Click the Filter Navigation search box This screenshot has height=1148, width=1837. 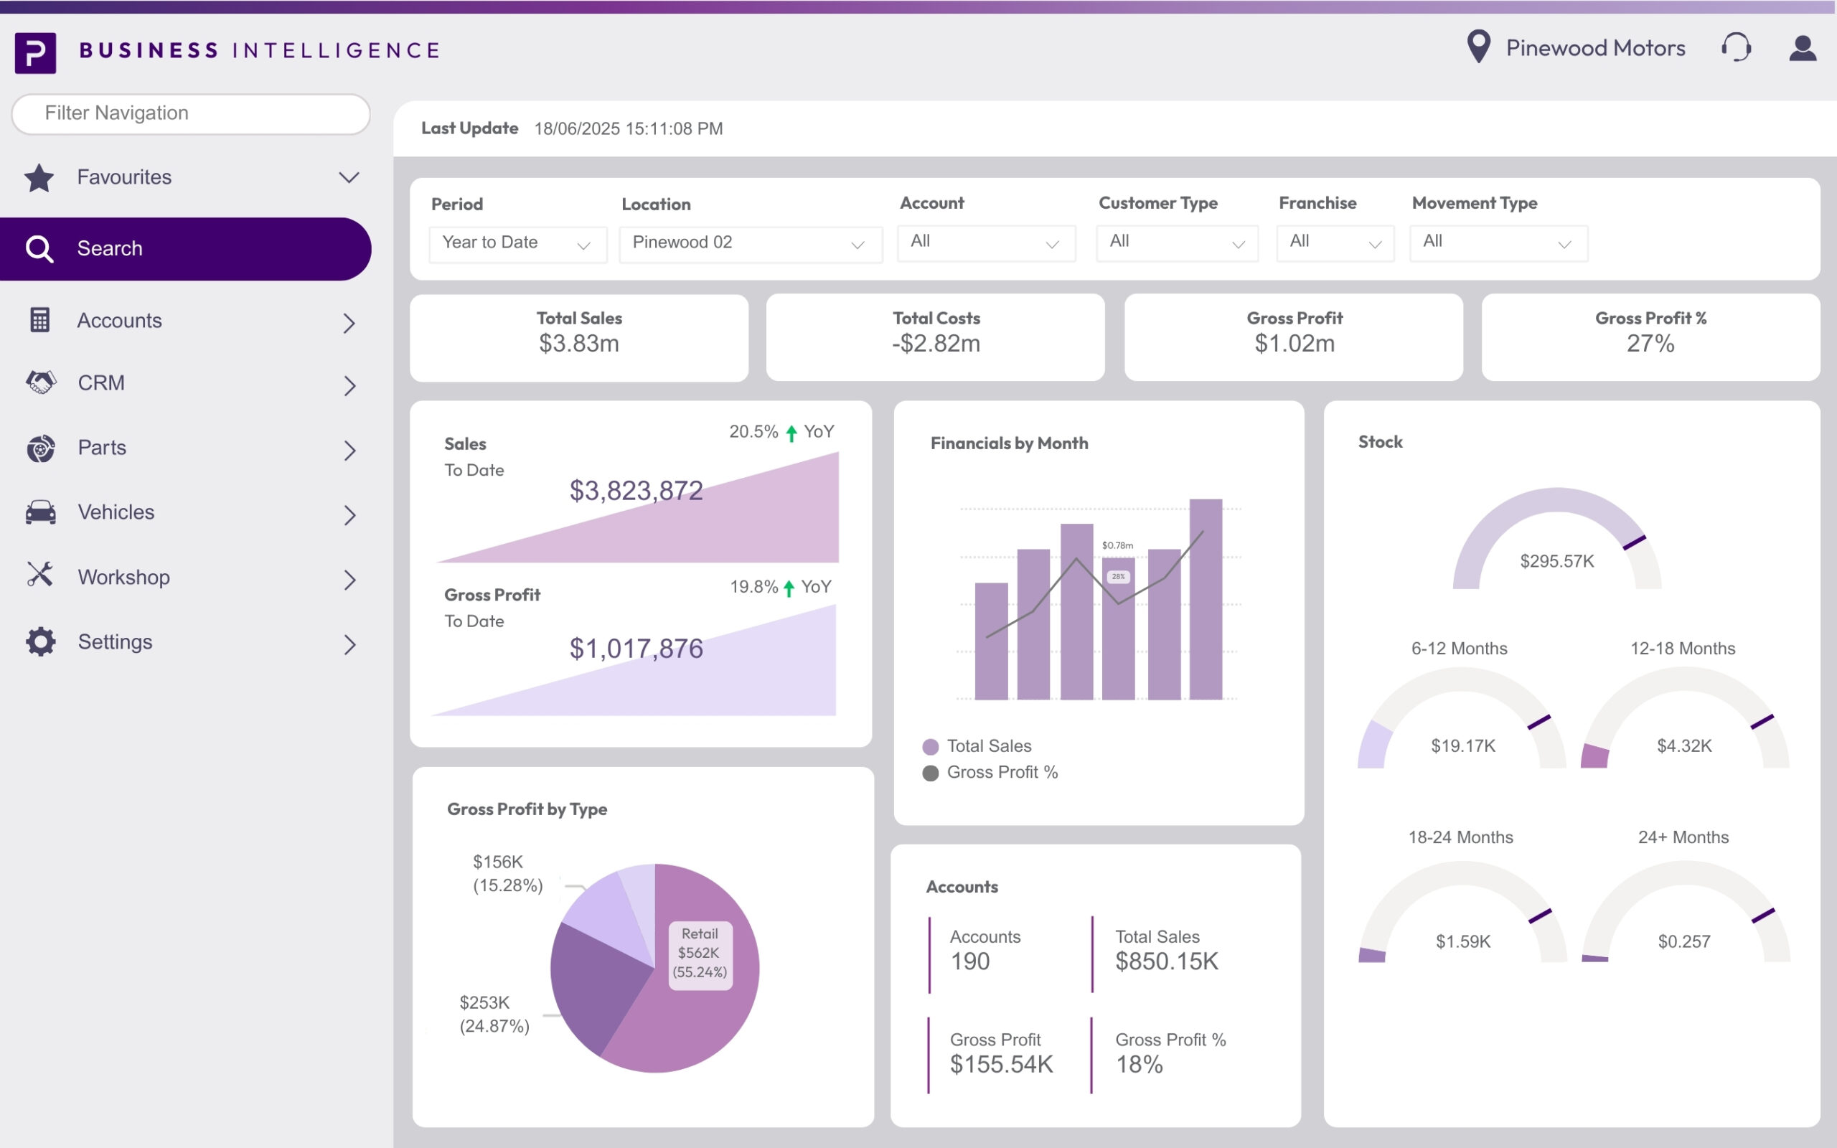pyautogui.click(x=191, y=114)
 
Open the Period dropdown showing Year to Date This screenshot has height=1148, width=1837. pyautogui.click(x=517, y=244)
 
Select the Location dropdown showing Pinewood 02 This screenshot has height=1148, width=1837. pyautogui.click(x=750, y=244)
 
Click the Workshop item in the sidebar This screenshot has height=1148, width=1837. pyautogui.click(x=123, y=577)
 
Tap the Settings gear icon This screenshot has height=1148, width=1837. pyautogui.click(x=40, y=641)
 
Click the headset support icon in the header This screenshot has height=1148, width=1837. pyautogui.click(x=1736, y=48)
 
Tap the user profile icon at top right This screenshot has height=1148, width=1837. pyautogui.click(x=1803, y=48)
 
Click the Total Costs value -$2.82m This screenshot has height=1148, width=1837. pyautogui.click(x=936, y=344)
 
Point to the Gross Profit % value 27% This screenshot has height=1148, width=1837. pyautogui.click(x=1650, y=344)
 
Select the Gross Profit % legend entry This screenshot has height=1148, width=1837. pyautogui.click(x=1002, y=772)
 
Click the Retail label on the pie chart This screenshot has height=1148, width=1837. pyautogui.click(x=699, y=935)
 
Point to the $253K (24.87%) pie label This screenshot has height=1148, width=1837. pyautogui.click(x=495, y=1015)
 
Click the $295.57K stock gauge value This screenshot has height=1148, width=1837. pyautogui.click(x=1557, y=561)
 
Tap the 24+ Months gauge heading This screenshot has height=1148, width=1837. pyautogui.click(x=1683, y=837)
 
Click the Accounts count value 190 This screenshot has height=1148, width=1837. pyautogui.click(x=970, y=962)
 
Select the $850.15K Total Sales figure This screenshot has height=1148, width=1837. pyautogui.click(x=1166, y=962)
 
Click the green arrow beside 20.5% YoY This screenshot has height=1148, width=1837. pyautogui.click(x=791, y=433)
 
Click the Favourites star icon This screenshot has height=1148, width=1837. pyautogui.click(x=39, y=179)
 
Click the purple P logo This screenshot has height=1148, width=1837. pyautogui.click(x=36, y=52)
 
